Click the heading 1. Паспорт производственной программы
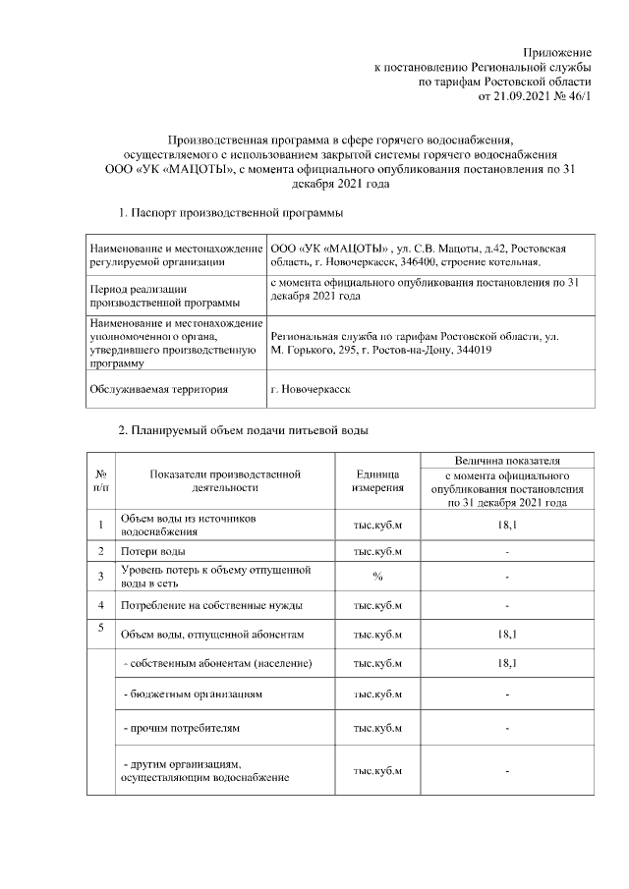(231, 212)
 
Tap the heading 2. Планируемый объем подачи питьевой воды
(243, 430)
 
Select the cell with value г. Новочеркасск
(308, 389)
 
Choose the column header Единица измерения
(377, 480)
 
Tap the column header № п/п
(101, 480)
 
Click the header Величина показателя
(506, 459)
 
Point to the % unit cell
(377, 576)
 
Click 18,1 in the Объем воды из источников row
(506, 525)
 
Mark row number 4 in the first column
(101, 604)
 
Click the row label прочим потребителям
(181, 728)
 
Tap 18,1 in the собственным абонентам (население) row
(506, 664)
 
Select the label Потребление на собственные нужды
(211, 604)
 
